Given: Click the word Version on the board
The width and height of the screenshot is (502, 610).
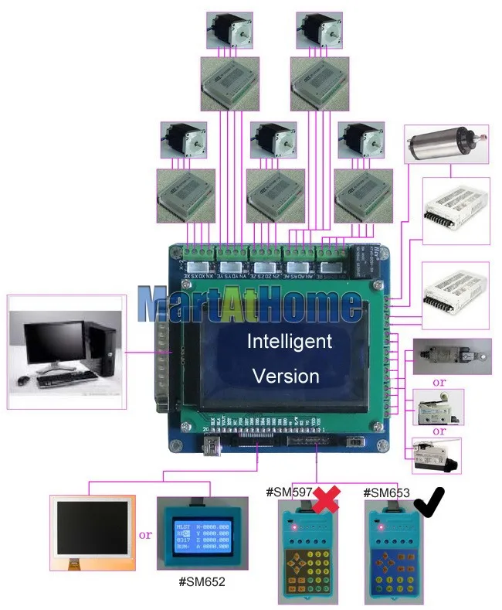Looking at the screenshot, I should coord(286,376).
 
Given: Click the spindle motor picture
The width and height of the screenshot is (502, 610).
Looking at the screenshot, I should coord(446,144).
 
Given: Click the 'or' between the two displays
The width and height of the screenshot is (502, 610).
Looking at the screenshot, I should coord(145,534).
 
